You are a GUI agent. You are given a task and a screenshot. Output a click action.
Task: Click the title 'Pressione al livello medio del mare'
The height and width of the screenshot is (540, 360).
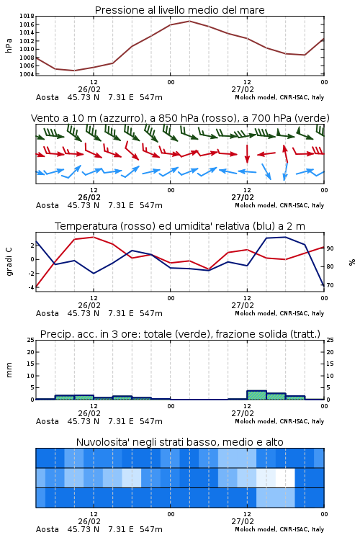pos(179,10)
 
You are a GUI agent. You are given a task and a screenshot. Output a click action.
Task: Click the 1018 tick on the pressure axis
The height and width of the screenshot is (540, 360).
pos(27,16)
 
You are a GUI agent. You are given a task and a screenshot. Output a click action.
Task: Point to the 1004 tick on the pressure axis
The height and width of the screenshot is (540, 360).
pos(27,74)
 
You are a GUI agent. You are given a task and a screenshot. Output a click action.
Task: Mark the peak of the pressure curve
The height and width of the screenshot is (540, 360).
pos(189,21)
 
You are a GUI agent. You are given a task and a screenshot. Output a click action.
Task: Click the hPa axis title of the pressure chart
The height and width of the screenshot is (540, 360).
pos(9,45)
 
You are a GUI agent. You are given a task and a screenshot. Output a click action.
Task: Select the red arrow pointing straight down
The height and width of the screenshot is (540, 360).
pos(247,153)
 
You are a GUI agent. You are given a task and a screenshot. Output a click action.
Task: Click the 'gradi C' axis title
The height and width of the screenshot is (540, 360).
pos(9,262)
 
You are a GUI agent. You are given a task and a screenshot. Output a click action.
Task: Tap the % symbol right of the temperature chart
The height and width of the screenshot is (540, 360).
pos(352,262)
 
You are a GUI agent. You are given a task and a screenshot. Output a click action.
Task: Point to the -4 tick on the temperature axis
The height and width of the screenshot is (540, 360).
pos(31,287)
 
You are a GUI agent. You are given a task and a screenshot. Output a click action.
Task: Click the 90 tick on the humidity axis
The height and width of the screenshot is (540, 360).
pos(330,248)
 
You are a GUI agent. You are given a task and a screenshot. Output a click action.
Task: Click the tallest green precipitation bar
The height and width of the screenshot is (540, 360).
pos(256,395)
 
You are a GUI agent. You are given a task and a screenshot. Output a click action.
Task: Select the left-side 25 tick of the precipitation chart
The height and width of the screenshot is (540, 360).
pos(31,340)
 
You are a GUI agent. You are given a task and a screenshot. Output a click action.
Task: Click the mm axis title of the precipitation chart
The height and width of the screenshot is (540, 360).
pos(9,369)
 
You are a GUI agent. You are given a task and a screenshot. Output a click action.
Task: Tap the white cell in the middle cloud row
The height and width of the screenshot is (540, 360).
pos(285,477)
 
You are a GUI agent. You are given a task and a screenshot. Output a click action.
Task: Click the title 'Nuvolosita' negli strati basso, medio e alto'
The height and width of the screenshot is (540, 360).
pos(179,442)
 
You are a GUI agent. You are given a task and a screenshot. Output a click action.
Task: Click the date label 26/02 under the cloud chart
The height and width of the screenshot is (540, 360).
pos(89,521)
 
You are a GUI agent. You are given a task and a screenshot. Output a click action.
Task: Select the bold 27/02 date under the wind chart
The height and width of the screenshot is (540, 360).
pos(243,197)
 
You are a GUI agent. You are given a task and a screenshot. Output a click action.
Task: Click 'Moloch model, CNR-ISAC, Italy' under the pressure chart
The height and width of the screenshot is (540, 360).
pos(279,97)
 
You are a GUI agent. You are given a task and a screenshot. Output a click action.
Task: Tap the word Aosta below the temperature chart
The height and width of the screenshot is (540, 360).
pos(48,313)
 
